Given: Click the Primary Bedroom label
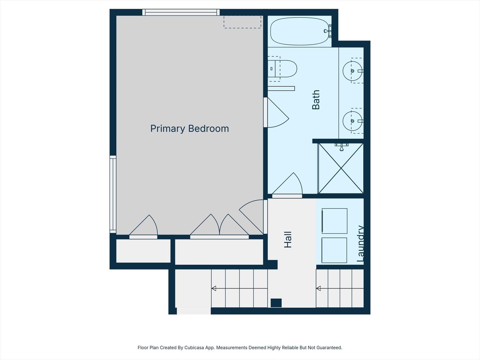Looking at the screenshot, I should tap(189, 129).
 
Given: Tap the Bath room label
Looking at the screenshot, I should tap(316, 100).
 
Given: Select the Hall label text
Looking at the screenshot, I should tap(288, 240).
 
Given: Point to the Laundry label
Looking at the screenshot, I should tap(360, 244).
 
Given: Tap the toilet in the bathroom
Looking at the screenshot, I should tap(283, 69).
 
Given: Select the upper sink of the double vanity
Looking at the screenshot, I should tap(352, 71).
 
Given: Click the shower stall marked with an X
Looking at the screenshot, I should tap(341, 169).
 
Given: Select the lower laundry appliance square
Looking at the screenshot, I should tap(334, 250).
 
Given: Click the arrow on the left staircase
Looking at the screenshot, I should tap(214, 288).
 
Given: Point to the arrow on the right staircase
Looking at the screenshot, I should tap(318, 288).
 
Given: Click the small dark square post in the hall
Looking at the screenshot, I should tap(276, 303).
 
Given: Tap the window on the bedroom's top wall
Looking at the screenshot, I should tap(181, 12).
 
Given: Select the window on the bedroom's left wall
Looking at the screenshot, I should tap(113, 194).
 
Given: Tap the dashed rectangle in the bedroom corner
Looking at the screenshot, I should tap(242, 22).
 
